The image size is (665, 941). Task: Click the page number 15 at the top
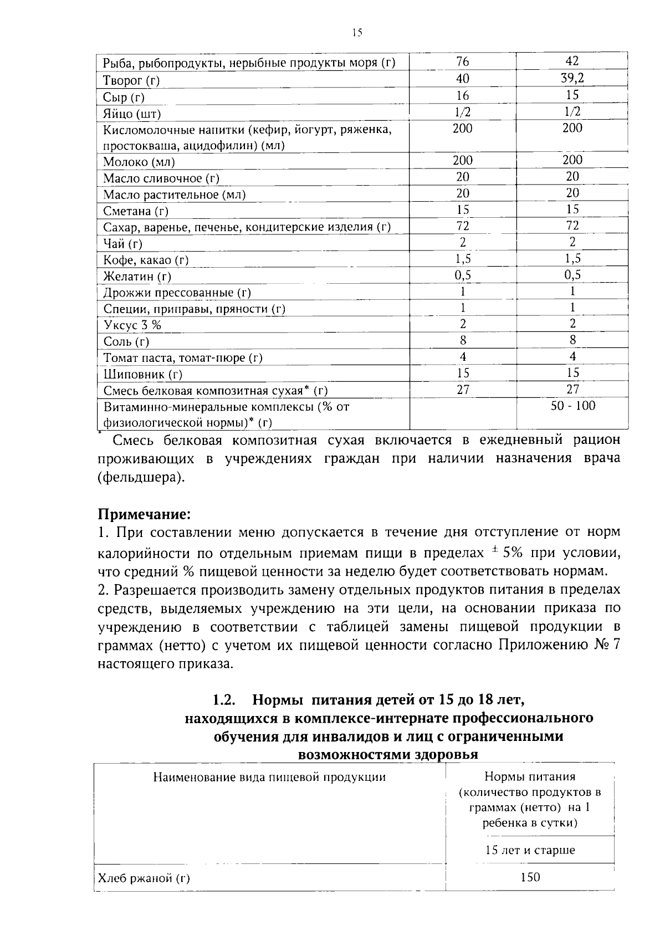357,33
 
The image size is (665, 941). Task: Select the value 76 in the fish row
462,62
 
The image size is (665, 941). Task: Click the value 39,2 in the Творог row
572,78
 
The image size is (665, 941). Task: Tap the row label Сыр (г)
124,98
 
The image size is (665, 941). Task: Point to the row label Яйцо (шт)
132,114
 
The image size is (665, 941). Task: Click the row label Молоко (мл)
139,162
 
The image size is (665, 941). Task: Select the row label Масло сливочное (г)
161,178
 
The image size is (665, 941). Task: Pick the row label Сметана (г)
136,211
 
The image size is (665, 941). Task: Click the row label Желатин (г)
137,276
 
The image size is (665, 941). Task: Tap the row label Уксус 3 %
132,325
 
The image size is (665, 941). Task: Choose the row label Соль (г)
126,341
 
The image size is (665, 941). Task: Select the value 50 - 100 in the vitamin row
572,406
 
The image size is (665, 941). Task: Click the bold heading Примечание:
144,514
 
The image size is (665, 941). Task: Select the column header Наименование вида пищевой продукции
269,777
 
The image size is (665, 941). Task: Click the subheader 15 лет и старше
530,850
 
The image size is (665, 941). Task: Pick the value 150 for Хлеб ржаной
530,877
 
